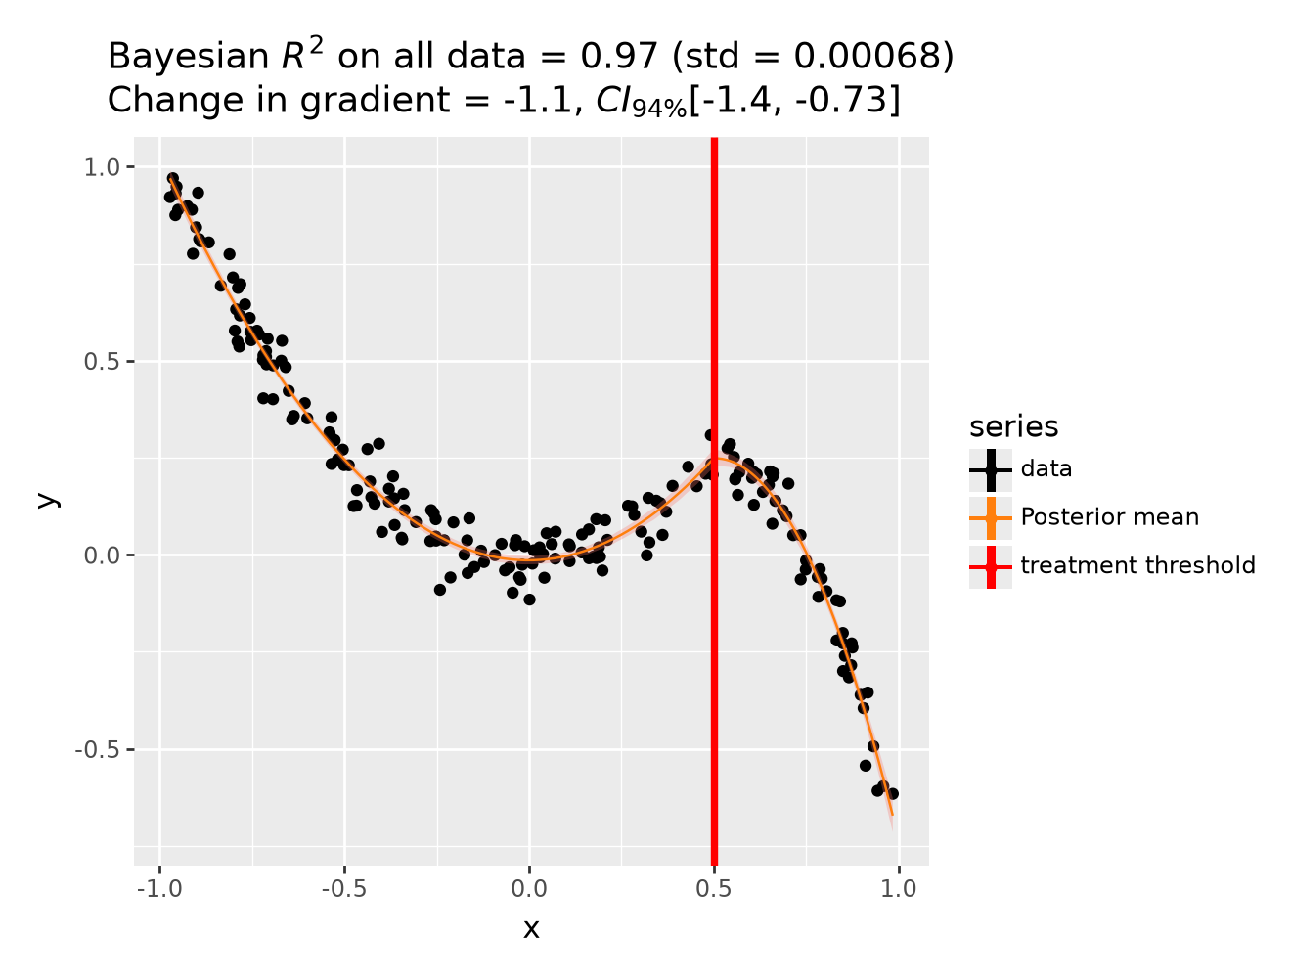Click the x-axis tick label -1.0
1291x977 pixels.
[x=159, y=888]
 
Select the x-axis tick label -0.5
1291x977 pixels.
[x=344, y=888]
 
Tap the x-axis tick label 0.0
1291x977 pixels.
[x=529, y=888]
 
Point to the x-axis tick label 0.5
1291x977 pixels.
[x=713, y=888]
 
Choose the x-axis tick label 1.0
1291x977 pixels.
[x=898, y=888]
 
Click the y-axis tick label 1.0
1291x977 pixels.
[x=101, y=167]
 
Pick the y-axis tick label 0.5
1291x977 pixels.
[x=101, y=362]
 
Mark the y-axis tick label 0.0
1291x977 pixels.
[x=101, y=555]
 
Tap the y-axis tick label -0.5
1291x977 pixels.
[x=97, y=750]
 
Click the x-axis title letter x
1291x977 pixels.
[x=531, y=929]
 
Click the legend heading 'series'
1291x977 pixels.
[x=1013, y=426]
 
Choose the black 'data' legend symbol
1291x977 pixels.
[x=991, y=470]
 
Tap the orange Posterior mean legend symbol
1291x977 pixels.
[x=991, y=518]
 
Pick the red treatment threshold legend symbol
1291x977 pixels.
[x=991, y=566]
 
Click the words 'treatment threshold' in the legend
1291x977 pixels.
[x=1138, y=565]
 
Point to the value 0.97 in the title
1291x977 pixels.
[x=618, y=57]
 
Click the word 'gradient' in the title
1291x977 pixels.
[x=375, y=101]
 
